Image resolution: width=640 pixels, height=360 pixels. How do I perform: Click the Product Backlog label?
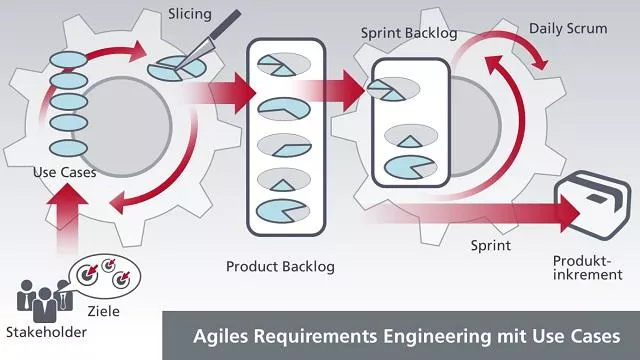tap(280, 266)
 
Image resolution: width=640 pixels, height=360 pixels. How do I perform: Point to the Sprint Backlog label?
tap(408, 33)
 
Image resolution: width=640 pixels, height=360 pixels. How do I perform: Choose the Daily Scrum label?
tap(568, 29)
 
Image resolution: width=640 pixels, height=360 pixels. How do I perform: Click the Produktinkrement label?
tap(580, 267)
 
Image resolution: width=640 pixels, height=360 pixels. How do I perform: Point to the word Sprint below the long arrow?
tap(490, 245)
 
